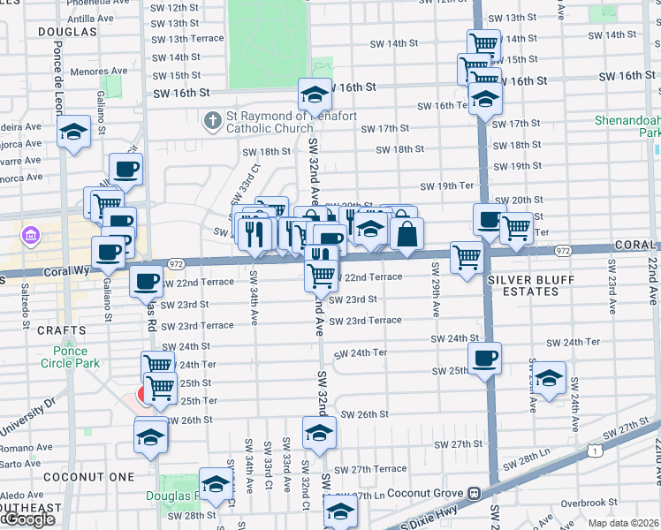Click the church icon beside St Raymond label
212,120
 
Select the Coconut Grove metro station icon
475,493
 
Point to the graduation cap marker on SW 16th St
315,94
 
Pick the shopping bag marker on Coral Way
406,235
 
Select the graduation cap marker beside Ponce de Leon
74,133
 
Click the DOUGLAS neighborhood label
67,31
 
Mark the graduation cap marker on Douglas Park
215,483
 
